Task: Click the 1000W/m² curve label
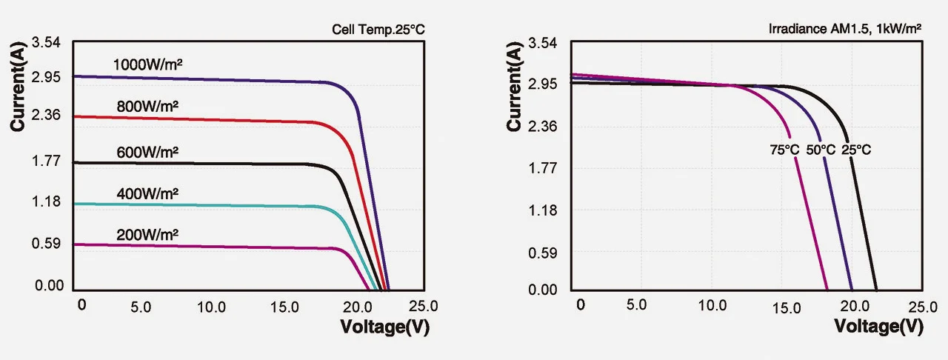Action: point(147,64)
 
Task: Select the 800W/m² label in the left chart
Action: point(147,107)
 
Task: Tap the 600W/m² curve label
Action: point(147,153)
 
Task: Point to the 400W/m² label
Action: point(147,194)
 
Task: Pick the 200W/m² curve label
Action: point(147,236)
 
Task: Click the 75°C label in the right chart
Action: point(784,150)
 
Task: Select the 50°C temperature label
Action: point(821,150)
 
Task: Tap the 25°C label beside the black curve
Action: point(856,150)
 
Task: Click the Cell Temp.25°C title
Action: point(378,30)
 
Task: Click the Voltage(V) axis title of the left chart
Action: point(384,325)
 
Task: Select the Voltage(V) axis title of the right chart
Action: point(878,325)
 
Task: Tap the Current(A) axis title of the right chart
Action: point(515,90)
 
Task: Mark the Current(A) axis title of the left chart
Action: point(19,90)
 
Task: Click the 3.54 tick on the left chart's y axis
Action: point(46,43)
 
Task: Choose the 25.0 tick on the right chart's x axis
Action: point(921,306)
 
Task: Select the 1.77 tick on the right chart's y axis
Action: point(543,168)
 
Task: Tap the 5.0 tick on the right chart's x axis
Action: point(636,305)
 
